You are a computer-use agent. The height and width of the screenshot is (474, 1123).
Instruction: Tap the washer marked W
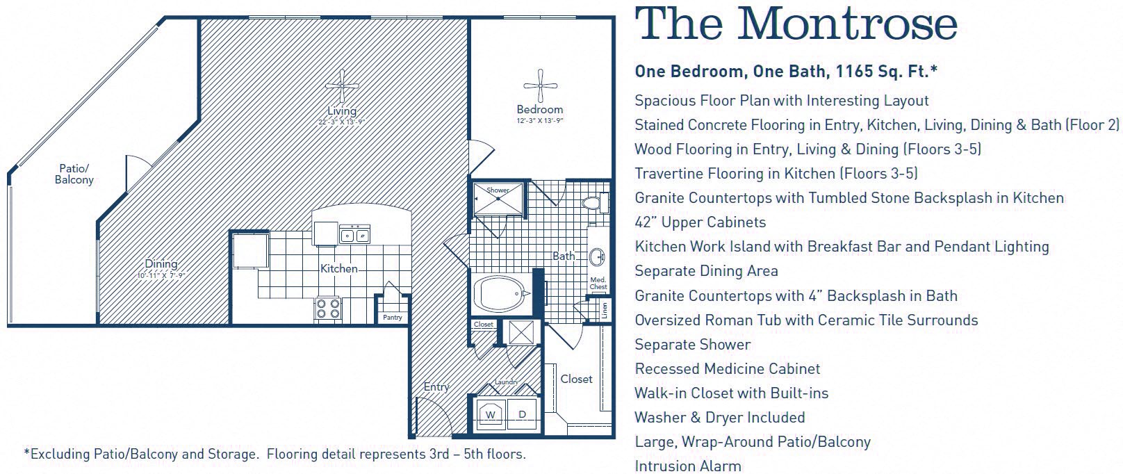click(x=491, y=414)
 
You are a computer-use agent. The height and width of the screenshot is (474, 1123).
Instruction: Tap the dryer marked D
click(x=522, y=414)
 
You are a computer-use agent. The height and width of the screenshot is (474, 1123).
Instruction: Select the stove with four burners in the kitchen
click(x=328, y=308)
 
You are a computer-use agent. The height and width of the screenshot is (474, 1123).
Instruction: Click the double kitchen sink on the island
click(x=354, y=235)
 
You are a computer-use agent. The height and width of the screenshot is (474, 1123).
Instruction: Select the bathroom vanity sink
click(x=597, y=258)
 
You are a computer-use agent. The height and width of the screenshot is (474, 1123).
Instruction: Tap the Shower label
click(x=498, y=190)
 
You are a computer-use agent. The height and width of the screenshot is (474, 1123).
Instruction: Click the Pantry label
click(x=393, y=318)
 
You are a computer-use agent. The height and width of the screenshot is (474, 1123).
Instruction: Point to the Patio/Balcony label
click(x=74, y=174)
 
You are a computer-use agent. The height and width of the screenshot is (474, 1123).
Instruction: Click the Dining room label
click(x=161, y=263)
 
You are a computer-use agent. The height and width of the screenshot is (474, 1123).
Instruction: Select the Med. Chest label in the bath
click(x=598, y=283)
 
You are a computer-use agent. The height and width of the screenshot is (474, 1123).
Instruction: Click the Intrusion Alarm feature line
click(x=687, y=466)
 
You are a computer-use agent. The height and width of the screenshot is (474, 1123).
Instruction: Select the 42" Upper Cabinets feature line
click(x=700, y=222)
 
